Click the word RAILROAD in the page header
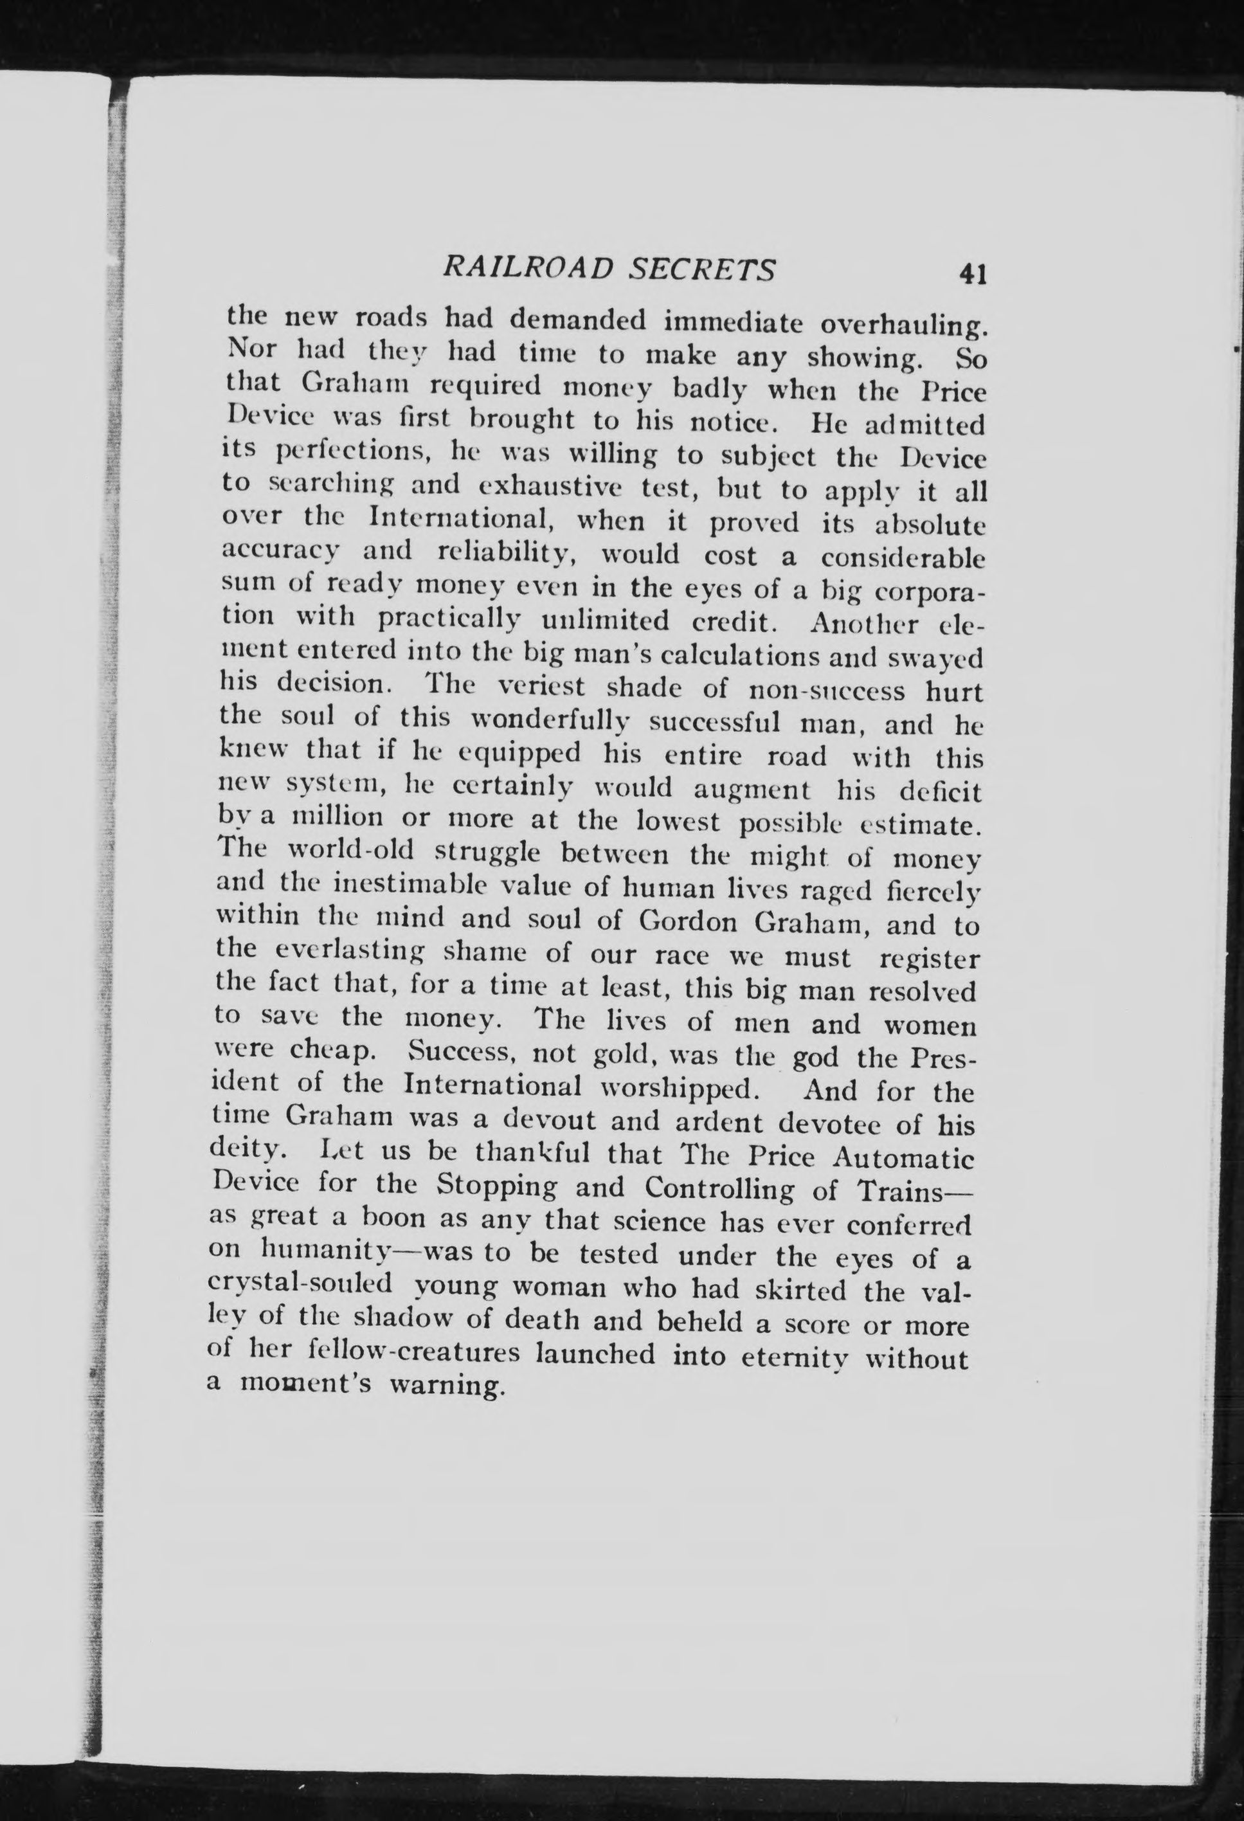(530, 269)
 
